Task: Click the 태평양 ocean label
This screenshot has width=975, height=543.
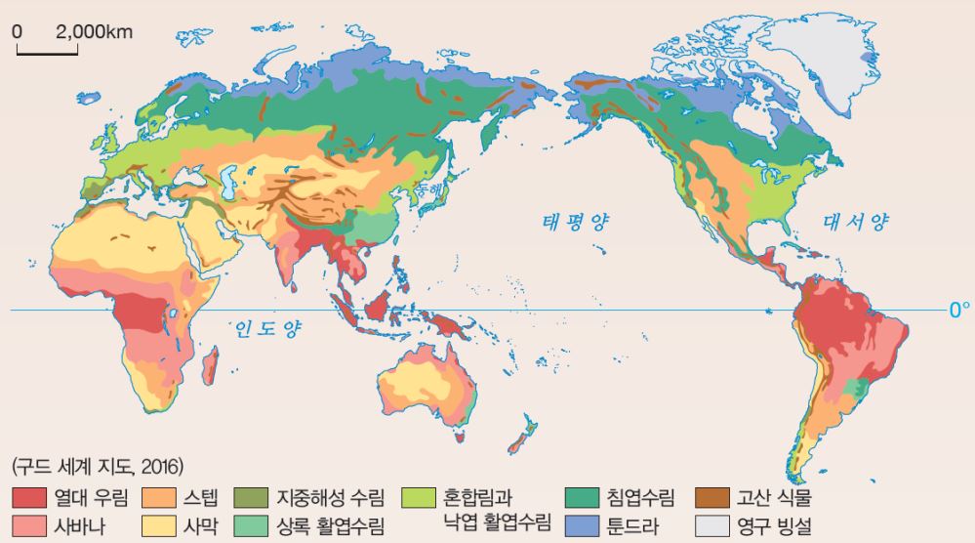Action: tap(575, 223)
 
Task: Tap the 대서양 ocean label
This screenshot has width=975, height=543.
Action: tap(856, 223)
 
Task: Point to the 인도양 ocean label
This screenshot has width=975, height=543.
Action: tap(265, 330)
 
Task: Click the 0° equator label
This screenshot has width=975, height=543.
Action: tap(959, 311)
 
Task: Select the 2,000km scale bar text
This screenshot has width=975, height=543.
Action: tap(94, 30)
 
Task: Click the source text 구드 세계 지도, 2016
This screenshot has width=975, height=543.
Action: tap(99, 468)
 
